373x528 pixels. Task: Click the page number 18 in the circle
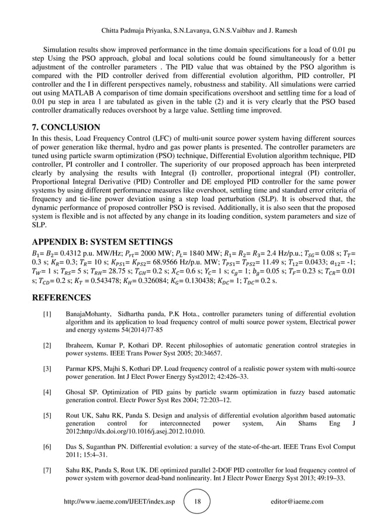197,502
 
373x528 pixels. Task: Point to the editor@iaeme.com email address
296,502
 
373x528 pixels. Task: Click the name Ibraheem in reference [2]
82,345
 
